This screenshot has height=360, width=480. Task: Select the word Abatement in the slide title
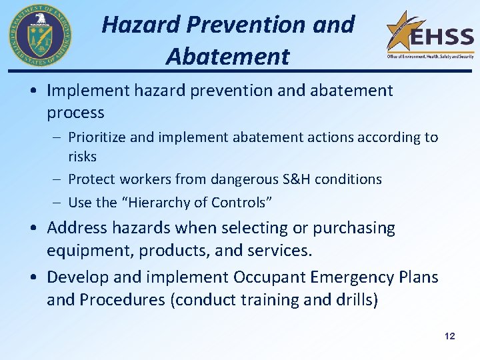tap(228, 57)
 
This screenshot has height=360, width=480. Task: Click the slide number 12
tap(449, 336)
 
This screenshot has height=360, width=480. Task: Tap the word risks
tap(82, 157)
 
